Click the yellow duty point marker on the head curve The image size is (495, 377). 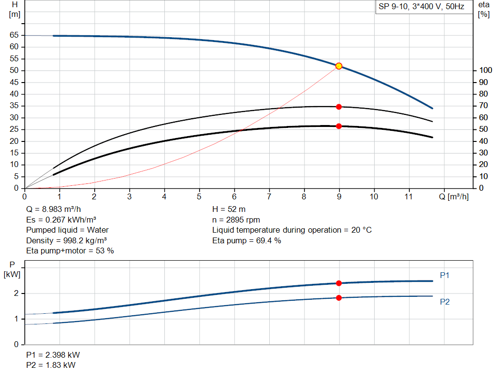point(339,66)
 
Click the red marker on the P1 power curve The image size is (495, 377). point(339,283)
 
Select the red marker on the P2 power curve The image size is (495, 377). point(339,298)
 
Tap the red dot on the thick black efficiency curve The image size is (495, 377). point(339,126)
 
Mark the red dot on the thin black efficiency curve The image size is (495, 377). point(339,107)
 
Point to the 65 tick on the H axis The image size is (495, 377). point(14,35)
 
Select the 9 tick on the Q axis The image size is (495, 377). point(339,197)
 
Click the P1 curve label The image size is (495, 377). point(445,275)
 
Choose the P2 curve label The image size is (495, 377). point(445,302)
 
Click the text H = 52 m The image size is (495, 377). point(229,209)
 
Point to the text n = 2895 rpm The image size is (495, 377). point(236,220)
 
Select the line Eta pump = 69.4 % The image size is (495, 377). point(247,240)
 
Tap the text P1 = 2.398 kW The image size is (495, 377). point(53,355)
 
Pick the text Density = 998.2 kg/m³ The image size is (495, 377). point(66,240)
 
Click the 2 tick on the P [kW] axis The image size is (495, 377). point(16,293)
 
